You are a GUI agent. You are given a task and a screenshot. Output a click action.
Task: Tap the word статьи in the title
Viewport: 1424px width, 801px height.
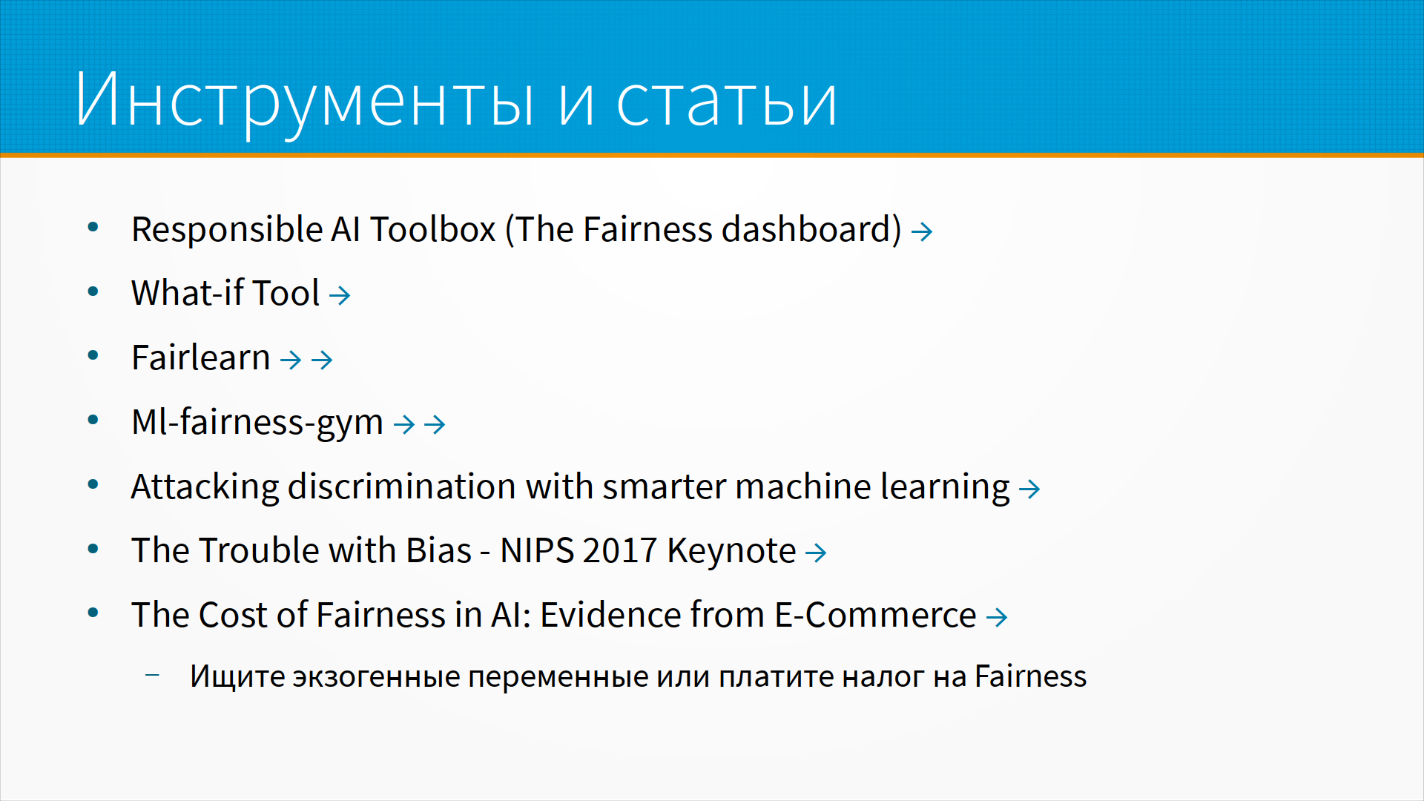pos(727,101)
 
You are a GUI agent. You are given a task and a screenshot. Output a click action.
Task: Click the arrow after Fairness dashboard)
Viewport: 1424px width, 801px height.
pos(922,232)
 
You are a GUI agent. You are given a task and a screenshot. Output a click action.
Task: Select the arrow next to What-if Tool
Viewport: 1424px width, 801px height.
pos(340,296)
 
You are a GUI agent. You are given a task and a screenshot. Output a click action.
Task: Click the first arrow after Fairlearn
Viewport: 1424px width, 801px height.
pos(291,360)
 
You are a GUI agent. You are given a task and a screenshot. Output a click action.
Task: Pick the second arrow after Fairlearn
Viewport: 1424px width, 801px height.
pos(322,360)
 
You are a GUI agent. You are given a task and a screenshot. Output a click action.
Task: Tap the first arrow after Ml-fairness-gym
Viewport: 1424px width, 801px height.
pos(404,424)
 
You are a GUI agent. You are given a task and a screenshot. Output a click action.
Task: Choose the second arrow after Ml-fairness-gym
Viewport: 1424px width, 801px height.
pos(435,424)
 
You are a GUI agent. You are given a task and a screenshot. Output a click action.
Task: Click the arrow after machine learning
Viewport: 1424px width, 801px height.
pos(1029,489)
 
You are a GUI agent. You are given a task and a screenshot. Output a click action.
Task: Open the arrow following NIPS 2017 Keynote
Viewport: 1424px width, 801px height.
pos(816,553)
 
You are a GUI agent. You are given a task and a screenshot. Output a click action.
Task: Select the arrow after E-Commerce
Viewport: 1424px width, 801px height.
pos(997,617)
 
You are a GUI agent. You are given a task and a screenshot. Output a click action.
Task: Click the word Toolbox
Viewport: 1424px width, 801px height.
pos(433,229)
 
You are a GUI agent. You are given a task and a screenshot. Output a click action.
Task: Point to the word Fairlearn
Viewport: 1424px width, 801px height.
pos(201,357)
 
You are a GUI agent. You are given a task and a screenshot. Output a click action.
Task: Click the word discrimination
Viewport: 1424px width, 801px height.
pos(402,487)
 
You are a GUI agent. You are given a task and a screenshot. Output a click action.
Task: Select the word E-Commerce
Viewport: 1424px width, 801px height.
pos(875,615)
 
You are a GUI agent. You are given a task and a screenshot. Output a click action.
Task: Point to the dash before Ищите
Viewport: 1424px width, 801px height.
pos(152,675)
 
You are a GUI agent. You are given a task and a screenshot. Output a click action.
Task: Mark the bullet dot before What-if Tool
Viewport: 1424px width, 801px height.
pos(93,292)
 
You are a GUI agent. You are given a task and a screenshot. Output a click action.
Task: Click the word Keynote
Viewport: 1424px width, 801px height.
pos(731,551)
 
